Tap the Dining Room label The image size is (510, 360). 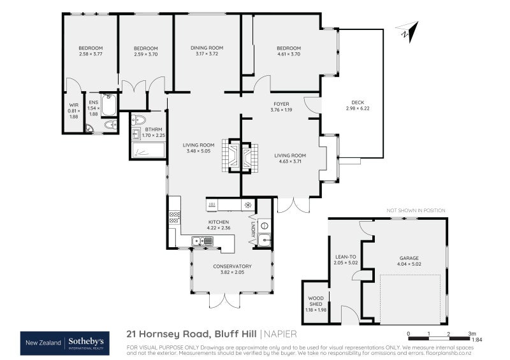pyautogui.click(x=207, y=48)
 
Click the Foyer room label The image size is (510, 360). pyautogui.click(x=281, y=103)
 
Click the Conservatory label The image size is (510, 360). pyautogui.click(x=232, y=266)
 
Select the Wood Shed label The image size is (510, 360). pyautogui.click(x=316, y=300)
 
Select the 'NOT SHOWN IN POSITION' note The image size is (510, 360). pyautogui.click(x=416, y=210)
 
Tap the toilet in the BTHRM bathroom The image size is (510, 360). pyautogui.click(x=140, y=120)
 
